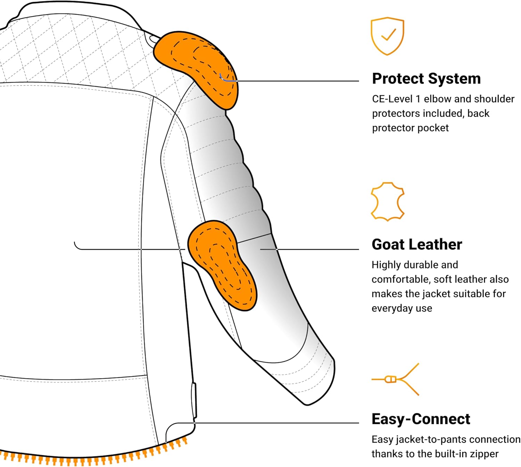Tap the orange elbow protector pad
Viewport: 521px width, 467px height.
click(222, 265)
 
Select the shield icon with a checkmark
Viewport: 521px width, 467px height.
click(387, 36)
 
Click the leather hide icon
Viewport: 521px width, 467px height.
click(388, 202)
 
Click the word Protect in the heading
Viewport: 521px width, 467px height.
click(398, 79)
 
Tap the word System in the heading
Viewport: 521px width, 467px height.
click(454, 79)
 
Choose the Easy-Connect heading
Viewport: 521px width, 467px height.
click(421, 419)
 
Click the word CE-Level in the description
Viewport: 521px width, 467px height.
click(392, 99)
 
